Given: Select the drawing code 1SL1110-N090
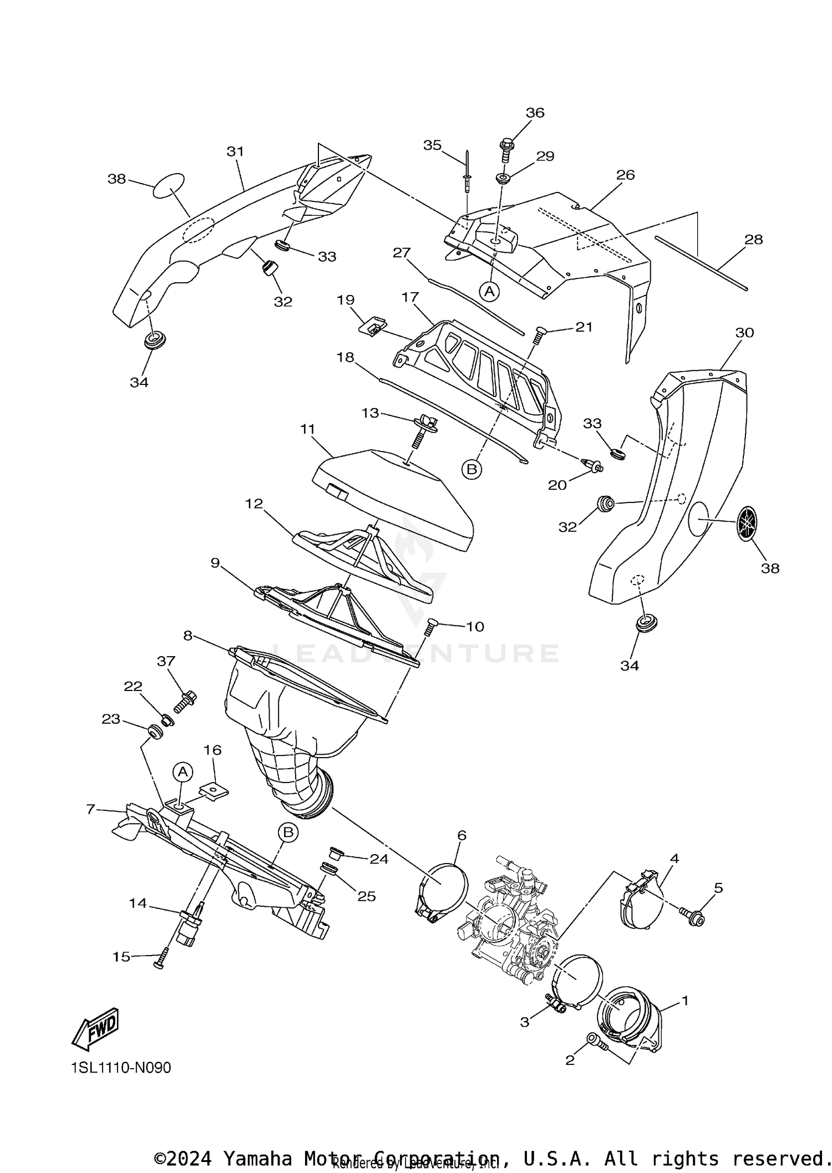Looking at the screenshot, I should pos(121,1068).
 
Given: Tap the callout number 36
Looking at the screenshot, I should pos(535,113).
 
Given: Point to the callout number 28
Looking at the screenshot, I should pos(754,240).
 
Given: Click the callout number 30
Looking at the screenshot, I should pos(744,332).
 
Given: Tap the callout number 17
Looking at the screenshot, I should pos(410,297).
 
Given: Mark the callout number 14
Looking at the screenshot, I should pos(138,903).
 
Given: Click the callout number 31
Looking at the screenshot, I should pos(236,151).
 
